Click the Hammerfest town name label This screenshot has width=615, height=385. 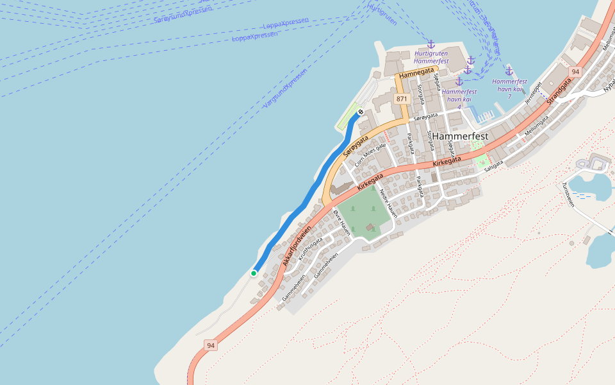coord(460,137)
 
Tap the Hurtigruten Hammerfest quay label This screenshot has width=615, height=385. coord(431,57)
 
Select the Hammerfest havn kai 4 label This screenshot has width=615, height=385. coord(459,95)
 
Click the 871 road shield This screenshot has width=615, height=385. coord(402,99)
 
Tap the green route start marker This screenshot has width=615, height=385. coord(254,273)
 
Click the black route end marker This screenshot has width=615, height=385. coord(361,112)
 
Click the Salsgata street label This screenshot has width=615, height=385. coord(494,166)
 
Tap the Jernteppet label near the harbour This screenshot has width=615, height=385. coord(532,93)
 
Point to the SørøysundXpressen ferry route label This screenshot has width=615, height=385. coord(183,15)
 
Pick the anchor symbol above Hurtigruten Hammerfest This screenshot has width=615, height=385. coord(431,44)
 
